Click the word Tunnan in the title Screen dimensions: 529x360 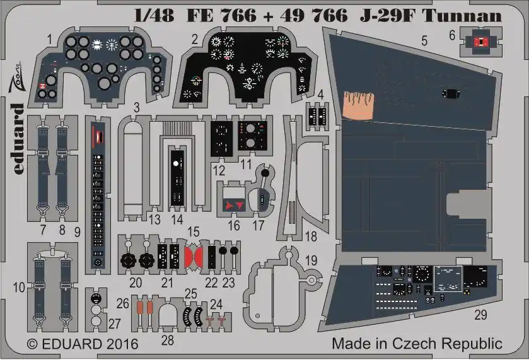point(462,16)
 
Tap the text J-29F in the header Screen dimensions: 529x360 point(387,16)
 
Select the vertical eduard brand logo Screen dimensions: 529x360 point(18,139)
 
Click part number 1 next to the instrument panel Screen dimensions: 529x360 point(50,40)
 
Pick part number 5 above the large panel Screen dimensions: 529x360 point(424,41)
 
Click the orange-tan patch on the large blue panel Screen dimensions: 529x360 point(359,106)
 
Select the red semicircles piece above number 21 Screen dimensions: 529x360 point(194,256)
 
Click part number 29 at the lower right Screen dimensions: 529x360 point(481,315)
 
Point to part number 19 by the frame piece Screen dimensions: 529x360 point(311,260)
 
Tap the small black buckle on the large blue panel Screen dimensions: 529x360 point(451,93)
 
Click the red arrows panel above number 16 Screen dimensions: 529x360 point(235,205)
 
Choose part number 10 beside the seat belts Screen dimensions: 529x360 point(19,287)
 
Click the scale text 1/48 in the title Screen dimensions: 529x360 point(154,16)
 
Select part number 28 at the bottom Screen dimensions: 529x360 point(168,340)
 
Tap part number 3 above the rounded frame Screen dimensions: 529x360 point(136,108)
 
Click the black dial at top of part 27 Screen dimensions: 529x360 point(96,298)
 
